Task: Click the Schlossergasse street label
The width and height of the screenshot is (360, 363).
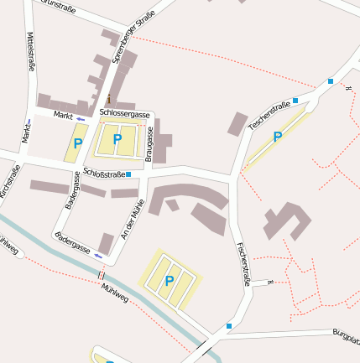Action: (124, 114)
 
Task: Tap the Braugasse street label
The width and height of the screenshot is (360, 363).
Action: (149, 143)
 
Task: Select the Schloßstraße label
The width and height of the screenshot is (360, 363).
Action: (103, 174)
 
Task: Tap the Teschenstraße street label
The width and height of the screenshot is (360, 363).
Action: (269, 115)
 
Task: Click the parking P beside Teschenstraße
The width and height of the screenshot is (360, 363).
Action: (277, 137)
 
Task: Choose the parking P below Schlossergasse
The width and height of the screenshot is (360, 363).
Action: (117, 139)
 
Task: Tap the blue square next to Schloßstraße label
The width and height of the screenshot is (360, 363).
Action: (128, 174)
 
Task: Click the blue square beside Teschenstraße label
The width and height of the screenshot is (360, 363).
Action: (295, 100)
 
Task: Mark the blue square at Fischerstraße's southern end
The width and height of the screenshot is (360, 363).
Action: (228, 325)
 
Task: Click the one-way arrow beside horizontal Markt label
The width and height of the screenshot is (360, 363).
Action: (81, 119)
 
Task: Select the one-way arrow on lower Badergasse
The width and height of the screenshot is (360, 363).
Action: (98, 254)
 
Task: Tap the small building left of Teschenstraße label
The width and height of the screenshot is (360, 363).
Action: (237, 123)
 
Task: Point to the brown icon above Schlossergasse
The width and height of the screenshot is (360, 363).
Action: (109, 99)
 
